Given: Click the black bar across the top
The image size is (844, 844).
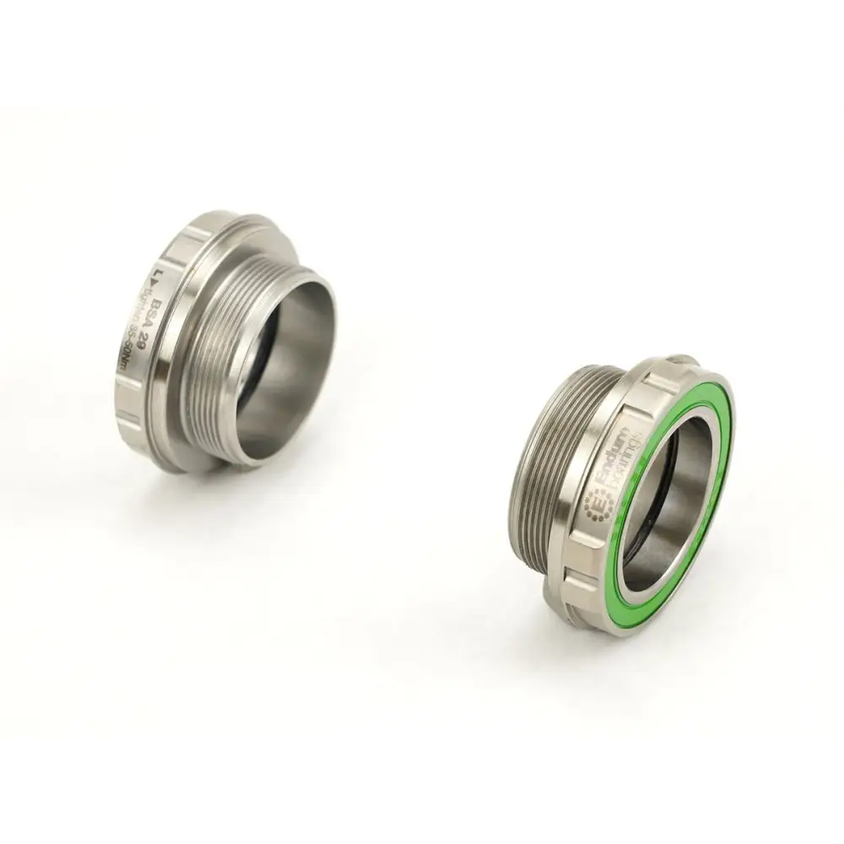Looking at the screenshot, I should pos(422,51).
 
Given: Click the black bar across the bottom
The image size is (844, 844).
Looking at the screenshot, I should pos(422,793).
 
